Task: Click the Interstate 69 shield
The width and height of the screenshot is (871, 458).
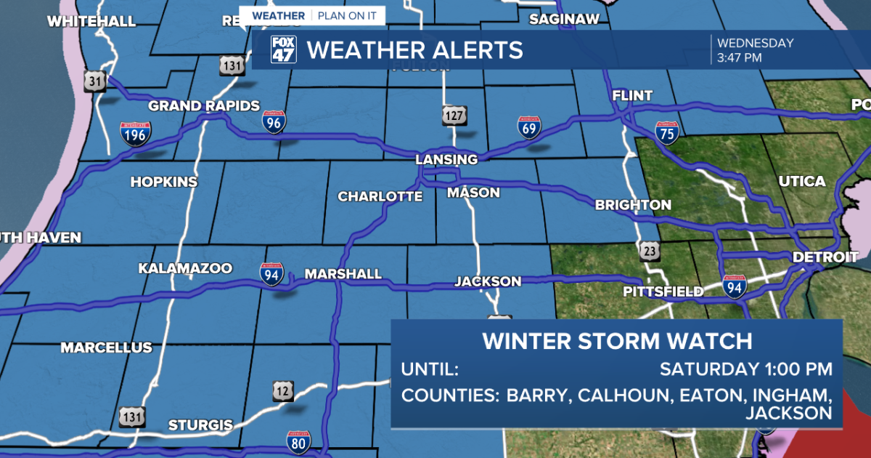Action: point(529,127)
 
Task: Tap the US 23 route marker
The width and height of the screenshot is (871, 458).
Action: point(650,252)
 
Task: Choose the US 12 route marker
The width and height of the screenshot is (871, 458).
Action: point(284,390)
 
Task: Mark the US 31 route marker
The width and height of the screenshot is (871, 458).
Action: point(95,80)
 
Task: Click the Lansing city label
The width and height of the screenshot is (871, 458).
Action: point(446,159)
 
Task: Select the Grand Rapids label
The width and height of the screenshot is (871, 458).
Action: point(204,106)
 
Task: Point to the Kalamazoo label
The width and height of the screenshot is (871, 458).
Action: point(185,269)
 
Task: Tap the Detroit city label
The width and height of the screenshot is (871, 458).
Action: point(825,257)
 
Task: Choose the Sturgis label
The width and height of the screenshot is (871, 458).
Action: point(200,425)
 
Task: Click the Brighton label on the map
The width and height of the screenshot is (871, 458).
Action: point(633,205)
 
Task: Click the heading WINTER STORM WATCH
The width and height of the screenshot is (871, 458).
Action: point(617,341)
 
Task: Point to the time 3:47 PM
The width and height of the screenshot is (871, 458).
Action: point(739,57)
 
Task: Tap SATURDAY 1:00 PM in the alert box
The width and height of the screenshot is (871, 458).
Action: point(745,369)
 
